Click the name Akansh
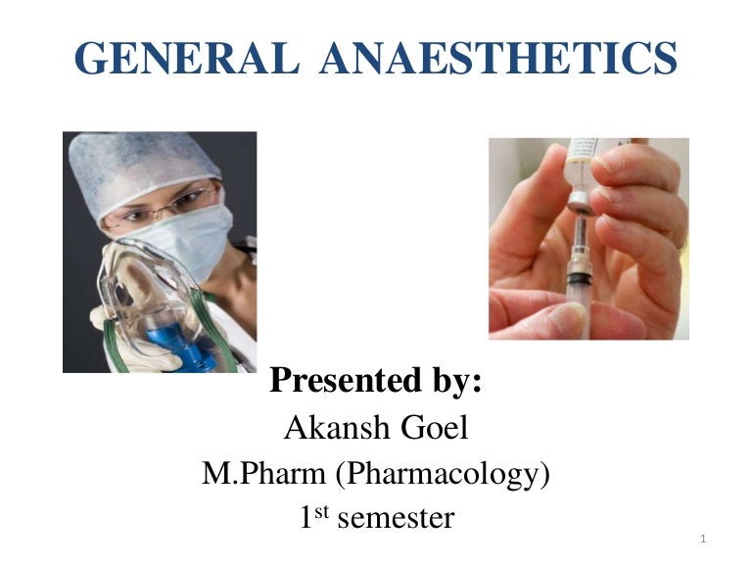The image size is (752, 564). [327, 428]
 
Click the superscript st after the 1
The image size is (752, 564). [326, 509]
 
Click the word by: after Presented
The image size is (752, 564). [451, 381]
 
